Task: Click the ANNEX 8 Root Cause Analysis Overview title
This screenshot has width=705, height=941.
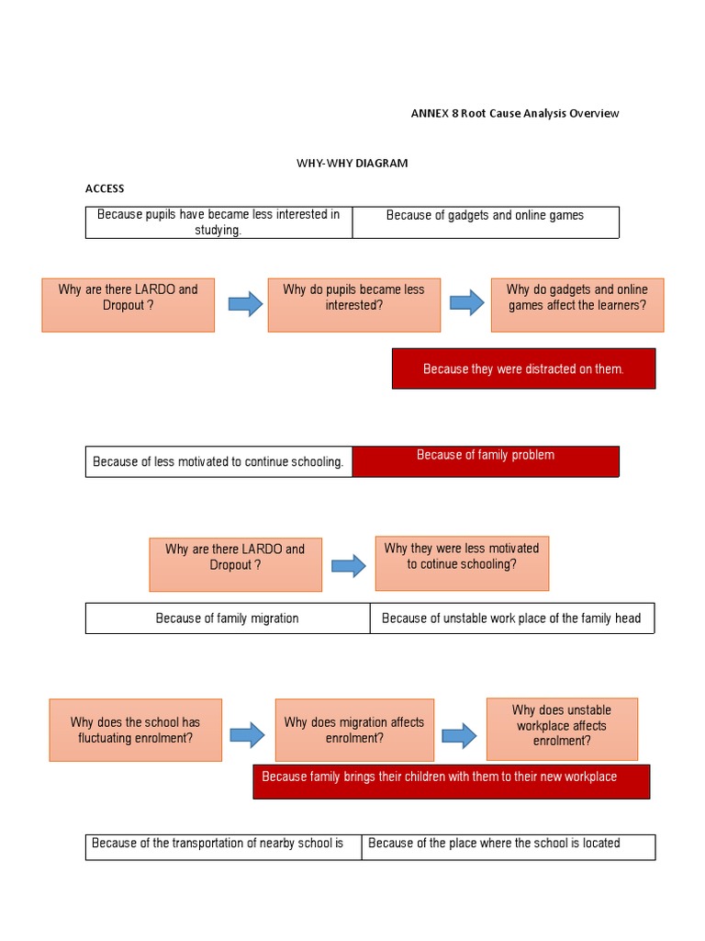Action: click(514, 113)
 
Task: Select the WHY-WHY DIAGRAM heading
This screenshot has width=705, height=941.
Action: click(352, 163)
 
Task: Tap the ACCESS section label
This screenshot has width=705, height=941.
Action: click(105, 188)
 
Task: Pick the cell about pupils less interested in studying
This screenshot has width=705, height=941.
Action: click(218, 221)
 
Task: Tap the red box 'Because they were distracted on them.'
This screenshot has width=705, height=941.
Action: click(523, 368)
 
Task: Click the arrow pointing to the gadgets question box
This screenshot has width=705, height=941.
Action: click(466, 302)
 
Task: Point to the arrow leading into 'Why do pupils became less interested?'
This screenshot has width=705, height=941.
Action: click(245, 303)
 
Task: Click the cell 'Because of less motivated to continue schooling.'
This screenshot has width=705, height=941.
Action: click(218, 461)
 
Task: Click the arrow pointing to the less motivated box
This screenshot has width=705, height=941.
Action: click(348, 565)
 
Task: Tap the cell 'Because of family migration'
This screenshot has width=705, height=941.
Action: click(228, 618)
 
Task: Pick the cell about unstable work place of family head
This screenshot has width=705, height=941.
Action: click(511, 618)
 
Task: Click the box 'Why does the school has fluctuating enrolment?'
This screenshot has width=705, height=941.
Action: click(135, 730)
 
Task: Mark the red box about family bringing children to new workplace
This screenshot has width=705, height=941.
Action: click(451, 781)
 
